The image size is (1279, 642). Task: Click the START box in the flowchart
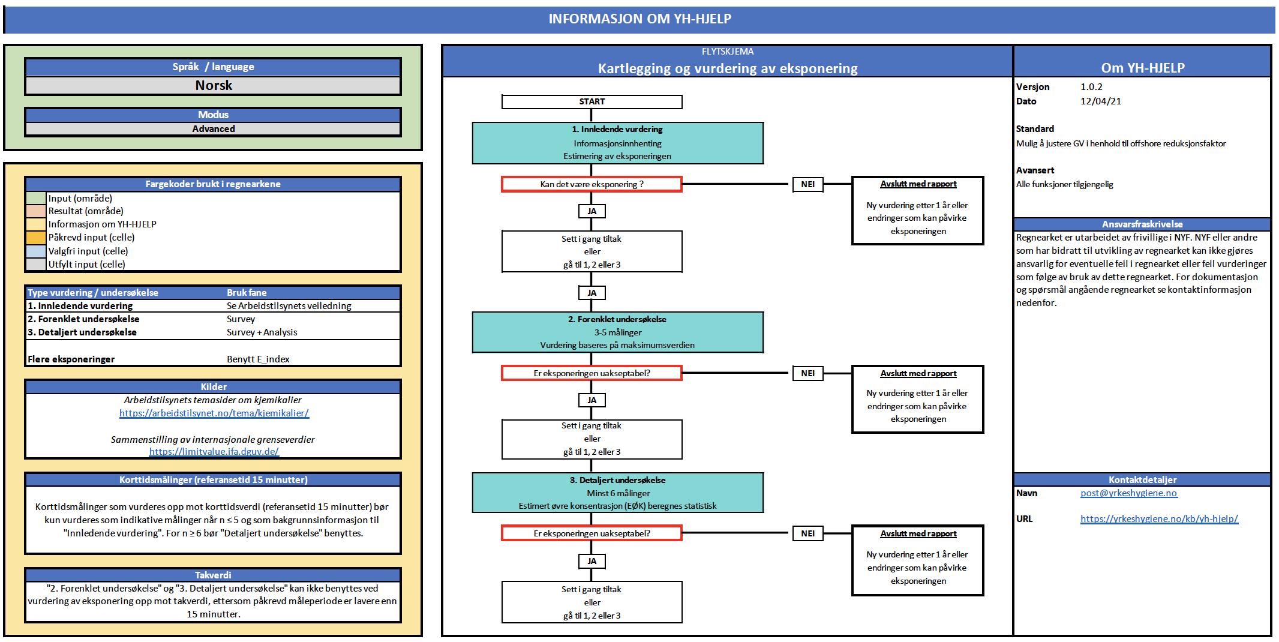[592, 102]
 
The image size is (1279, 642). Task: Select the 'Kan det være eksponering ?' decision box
[592, 184]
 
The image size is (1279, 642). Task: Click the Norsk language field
[213, 86]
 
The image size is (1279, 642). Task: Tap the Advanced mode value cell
[213, 129]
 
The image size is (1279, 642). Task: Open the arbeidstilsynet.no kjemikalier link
[214, 413]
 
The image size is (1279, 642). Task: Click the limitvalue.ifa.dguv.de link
[214, 452]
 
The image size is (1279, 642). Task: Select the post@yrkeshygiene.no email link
[1128, 493]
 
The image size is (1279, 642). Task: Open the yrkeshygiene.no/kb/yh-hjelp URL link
[1159, 519]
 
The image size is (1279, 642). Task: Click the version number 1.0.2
[1091, 87]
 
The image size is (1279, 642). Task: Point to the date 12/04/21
[1101, 101]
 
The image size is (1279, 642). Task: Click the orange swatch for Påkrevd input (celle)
[36, 238]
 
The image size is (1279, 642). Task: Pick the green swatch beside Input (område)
[36, 199]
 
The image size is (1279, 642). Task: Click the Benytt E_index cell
[258, 359]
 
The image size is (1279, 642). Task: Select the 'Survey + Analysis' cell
[262, 332]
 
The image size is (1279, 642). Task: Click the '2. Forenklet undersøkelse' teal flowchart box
[617, 332]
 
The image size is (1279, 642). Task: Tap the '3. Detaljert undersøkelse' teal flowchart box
[617, 493]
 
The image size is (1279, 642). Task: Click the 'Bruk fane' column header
[247, 293]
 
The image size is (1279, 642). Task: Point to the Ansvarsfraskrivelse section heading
[1142, 224]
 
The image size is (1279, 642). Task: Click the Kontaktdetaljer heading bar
[1142, 480]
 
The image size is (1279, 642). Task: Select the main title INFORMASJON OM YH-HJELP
[639, 19]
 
